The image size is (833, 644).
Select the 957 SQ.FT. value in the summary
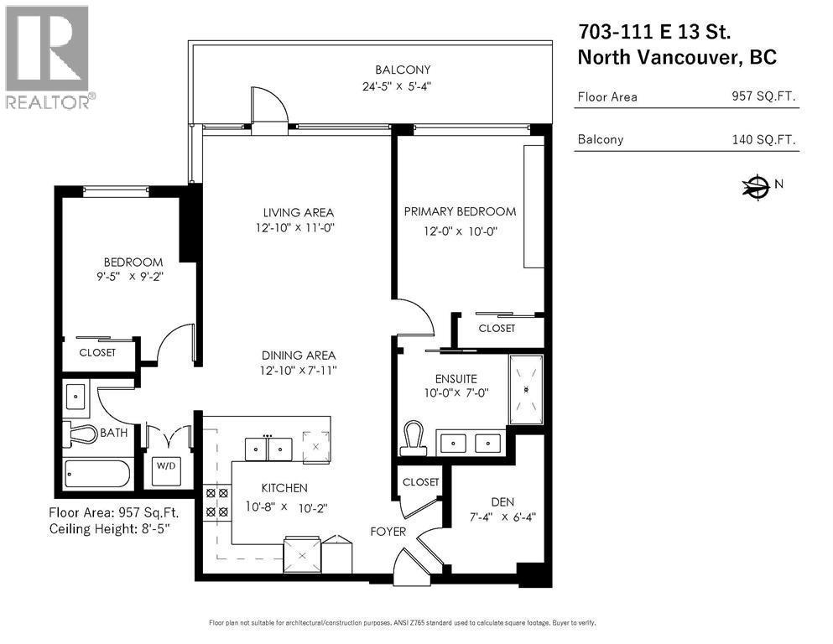pyautogui.click(x=763, y=96)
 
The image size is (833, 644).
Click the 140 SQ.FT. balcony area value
pyautogui.click(x=763, y=139)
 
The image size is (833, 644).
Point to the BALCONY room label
pyautogui.click(x=403, y=70)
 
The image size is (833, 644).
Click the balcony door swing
pyautogui.click(x=270, y=107)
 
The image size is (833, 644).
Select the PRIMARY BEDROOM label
pyautogui.click(x=460, y=211)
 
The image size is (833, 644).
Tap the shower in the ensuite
pyautogui.click(x=526, y=389)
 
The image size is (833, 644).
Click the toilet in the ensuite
pyautogui.click(x=413, y=437)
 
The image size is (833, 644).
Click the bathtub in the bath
pyautogui.click(x=98, y=475)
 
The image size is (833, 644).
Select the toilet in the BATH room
pyautogui.click(x=82, y=434)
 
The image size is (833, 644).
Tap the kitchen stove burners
pyautogui.click(x=217, y=502)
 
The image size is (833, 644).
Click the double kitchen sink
pyautogui.click(x=268, y=449)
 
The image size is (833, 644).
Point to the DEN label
pyautogui.click(x=502, y=501)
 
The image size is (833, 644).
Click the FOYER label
pyautogui.click(x=388, y=531)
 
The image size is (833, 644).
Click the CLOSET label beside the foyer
pyautogui.click(x=420, y=482)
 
